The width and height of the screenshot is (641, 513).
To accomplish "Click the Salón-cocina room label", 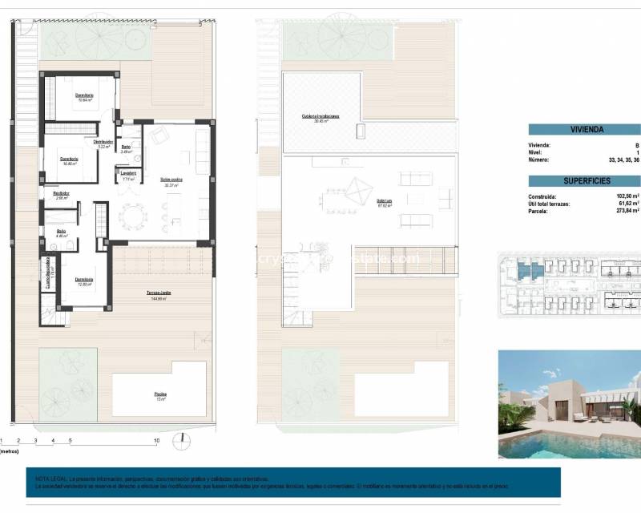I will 171,180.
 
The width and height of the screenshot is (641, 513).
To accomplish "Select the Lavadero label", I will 128,173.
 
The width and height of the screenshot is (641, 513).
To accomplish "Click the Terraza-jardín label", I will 158,293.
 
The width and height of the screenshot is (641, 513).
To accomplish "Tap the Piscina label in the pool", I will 161,394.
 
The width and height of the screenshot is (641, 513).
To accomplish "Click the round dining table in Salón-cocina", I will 131,216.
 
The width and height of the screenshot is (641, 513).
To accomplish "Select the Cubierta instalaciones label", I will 320,116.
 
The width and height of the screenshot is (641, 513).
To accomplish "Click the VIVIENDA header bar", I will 586,129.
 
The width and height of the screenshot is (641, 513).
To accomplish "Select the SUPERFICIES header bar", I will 586,181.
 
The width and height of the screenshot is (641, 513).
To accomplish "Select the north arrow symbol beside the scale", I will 183,438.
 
